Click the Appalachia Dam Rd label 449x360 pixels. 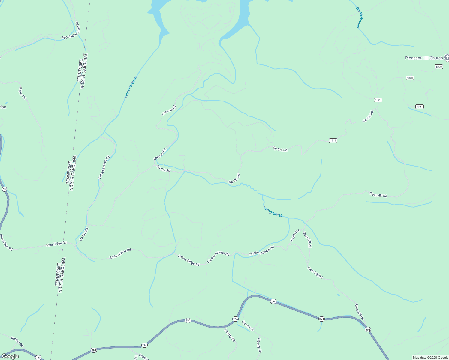coord(70,30)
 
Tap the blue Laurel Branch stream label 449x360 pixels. coord(131,87)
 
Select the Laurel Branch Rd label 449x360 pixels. coord(104,167)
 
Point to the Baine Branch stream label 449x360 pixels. coord(360,17)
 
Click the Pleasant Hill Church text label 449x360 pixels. coord(424,58)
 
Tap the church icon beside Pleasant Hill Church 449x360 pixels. coord(447,58)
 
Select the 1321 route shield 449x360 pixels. coord(419,106)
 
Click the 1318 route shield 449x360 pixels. coord(333,140)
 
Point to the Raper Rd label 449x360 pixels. coord(23,93)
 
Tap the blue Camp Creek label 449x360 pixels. coord(273,211)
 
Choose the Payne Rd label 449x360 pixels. coord(295,235)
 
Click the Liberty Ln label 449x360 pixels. coord(248,325)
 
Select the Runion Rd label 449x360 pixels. coord(17,342)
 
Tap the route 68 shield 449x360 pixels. coord(4,189)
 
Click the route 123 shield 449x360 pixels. coord(38,358)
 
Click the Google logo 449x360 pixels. coord(10,356)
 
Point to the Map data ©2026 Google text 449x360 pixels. coord(430,358)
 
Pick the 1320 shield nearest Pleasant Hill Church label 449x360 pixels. coord(438,67)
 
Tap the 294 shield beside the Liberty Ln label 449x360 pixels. coord(235,319)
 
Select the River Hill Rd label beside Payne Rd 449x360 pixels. coord(307,240)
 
